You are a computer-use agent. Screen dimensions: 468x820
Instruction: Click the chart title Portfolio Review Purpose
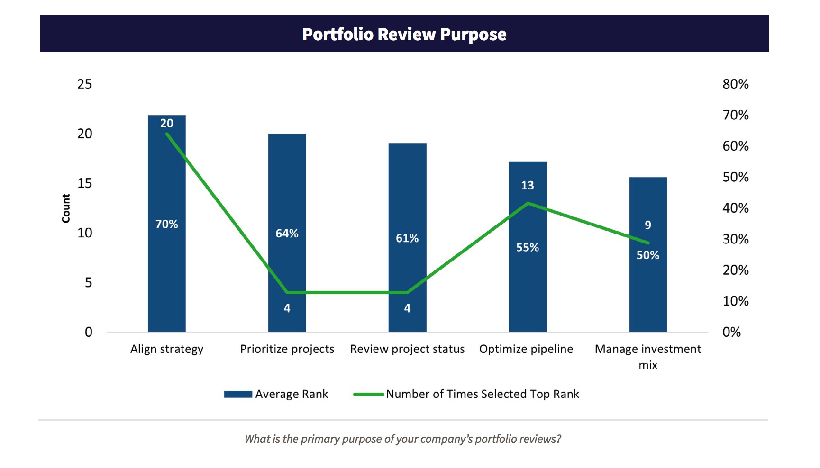coord(404,34)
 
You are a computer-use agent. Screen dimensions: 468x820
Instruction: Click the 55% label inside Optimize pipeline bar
coord(527,247)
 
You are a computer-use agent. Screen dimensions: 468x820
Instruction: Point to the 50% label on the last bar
coord(647,255)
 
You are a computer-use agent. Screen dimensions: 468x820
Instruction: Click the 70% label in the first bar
coord(166,224)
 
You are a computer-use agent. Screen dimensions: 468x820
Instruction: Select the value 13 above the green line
coord(527,185)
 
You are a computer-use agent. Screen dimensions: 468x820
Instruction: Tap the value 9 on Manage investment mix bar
coord(647,225)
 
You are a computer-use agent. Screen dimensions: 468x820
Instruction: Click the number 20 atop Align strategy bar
coord(166,123)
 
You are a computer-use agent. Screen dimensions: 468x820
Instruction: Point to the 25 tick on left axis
coord(84,84)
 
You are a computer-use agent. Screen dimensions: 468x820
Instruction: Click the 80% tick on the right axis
coord(735,84)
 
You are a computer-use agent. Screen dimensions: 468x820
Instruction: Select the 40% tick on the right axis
coord(735,208)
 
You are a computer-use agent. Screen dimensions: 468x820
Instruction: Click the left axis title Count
coord(66,208)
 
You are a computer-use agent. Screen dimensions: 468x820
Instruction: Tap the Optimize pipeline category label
coord(526,349)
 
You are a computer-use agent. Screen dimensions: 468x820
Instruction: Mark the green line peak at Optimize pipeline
coord(528,203)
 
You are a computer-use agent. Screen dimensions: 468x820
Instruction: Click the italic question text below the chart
coord(403,439)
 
